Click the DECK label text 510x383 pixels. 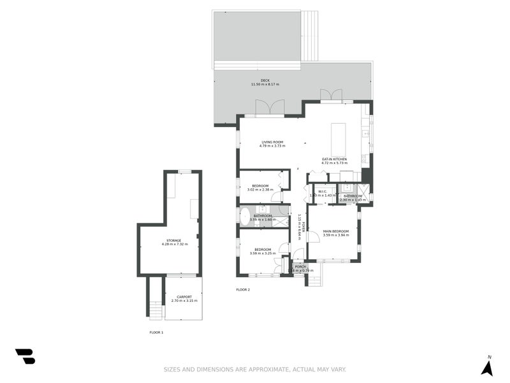coord(265,80)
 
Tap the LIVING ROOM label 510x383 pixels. coord(272,142)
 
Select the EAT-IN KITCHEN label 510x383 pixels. coord(334,159)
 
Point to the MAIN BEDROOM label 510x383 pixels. coord(335,231)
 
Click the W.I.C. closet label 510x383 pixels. coord(322,191)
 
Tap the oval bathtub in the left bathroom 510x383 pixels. coord(245,215)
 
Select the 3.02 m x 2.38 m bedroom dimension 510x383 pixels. coord(260,190)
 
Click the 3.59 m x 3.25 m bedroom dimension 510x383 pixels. coord(263,253)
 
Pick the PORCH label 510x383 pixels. coord(300,266)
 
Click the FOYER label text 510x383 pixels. coord(303,226)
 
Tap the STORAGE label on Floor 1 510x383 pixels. coord(174,241)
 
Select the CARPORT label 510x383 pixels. coord(184,297)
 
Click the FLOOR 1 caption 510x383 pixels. coord(156,333)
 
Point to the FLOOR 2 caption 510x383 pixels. coord(243,290)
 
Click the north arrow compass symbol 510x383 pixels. coord(487,368)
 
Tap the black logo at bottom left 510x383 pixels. coord(25,356)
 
